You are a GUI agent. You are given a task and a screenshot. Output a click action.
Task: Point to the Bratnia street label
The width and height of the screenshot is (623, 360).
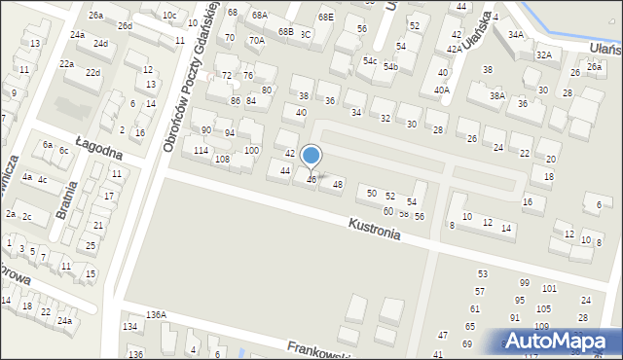pos(67,196)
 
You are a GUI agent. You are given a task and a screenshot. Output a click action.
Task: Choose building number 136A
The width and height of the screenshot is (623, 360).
pos(156,314)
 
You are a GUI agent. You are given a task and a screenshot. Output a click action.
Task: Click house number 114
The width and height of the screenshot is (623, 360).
pos(201,150)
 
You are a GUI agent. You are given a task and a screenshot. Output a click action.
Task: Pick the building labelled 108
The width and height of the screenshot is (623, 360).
pos(222,159)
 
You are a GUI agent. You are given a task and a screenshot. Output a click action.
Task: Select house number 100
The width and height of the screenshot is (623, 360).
pos(251,150)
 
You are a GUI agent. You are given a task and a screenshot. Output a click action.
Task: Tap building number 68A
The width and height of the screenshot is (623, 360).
pos(259,16)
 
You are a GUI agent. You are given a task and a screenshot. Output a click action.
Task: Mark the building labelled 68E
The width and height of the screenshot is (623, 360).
pos(325,17)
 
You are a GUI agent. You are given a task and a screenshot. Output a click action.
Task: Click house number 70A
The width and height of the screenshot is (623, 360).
pos(256,41)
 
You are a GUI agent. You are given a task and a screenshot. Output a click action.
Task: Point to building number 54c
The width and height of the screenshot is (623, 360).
pos(370,60)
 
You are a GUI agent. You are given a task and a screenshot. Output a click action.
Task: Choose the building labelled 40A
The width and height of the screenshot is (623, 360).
pos(442,90)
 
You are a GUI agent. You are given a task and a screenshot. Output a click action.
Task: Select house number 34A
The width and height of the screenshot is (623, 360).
pos(516,35)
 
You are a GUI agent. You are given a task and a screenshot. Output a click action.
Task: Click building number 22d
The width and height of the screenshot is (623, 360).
pos(92,73)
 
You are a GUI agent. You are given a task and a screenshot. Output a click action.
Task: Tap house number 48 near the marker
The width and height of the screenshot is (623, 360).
pos(338,184)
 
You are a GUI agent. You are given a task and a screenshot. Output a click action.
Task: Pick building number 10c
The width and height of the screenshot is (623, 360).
pos(169,15)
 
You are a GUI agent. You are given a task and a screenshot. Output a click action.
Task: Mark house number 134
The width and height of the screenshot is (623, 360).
pos(129,326)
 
